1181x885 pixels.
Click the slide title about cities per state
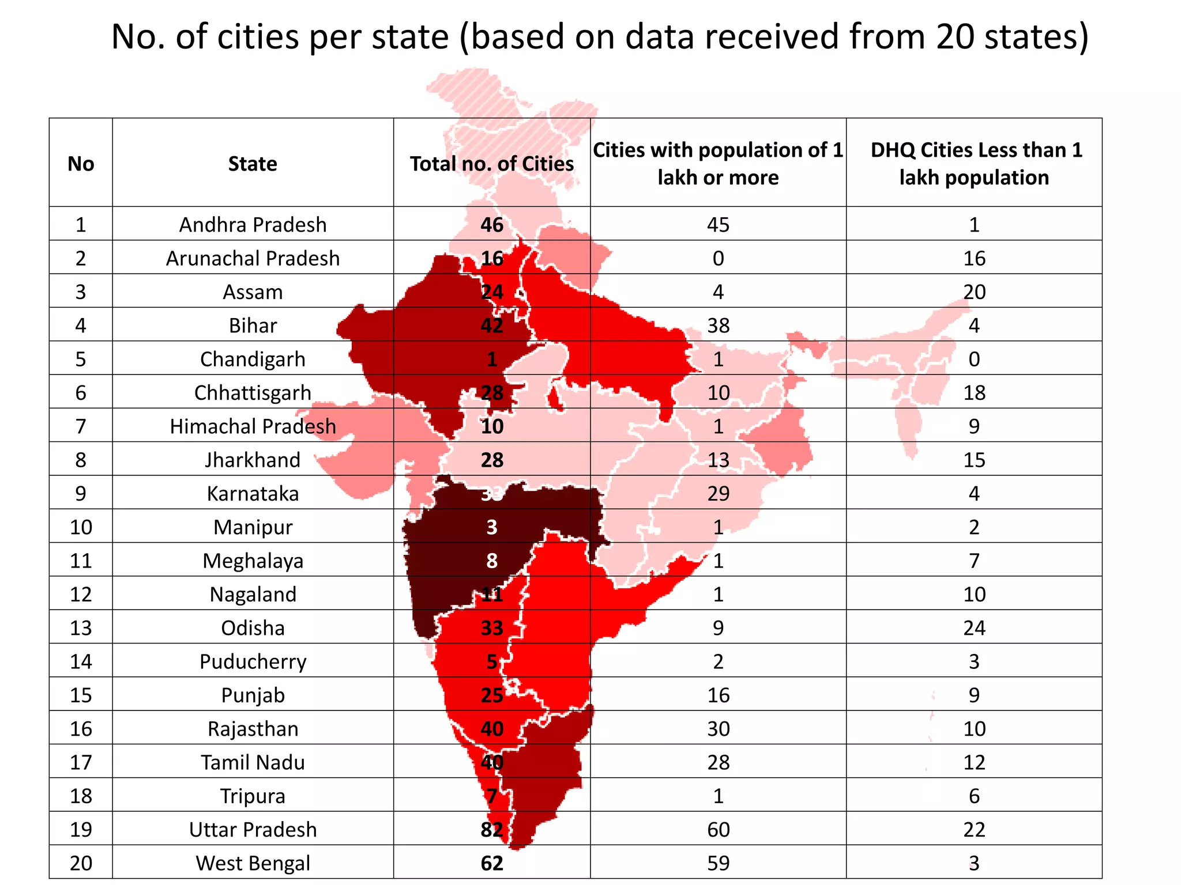pyautogui.click(x=600, y=37)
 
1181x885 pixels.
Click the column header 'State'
pyautogui.click(x=253, y=164)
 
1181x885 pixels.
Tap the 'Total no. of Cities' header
pyautogui.click(x=491, y=164)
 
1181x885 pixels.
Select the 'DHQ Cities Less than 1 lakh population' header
pyautogui.click(x=974, y=164)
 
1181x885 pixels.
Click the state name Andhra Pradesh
pyautogui.click(x=253, y=225)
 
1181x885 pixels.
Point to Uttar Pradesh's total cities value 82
pyautogui.click(x=491, y=830)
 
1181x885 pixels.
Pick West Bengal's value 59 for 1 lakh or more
pyautogui.click(x=718, y=863)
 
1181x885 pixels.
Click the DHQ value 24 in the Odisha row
pyautogui.click(x=974, y=628)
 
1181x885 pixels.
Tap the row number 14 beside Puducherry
pyautogui.click(x=81, y=661)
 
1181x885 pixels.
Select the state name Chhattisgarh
pyautogui.click(x=253, y=393)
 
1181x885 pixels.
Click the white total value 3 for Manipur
pyautogui.click(x=491, y=527)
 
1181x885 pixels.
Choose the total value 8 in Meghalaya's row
pyautogui.click(x=491, y=561)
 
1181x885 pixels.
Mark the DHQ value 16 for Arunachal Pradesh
pyautogui.click(x=974, y=258)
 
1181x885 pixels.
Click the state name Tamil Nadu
pyautogui.click(x=253, y=762)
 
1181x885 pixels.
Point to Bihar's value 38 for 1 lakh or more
pyautogui.click(x=718, y=326)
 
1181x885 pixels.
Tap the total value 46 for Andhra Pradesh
pyautogui.click(x=491, y=225)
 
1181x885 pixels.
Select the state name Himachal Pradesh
pyautogui.click(x=253, y=426)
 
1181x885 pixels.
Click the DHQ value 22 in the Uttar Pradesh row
pyautogui.click(x=974, y=830)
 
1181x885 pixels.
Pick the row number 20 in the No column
pyautogui.click(x=81, y=863)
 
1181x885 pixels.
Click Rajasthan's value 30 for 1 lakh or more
pyautogui.click(x=718, y=729)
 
